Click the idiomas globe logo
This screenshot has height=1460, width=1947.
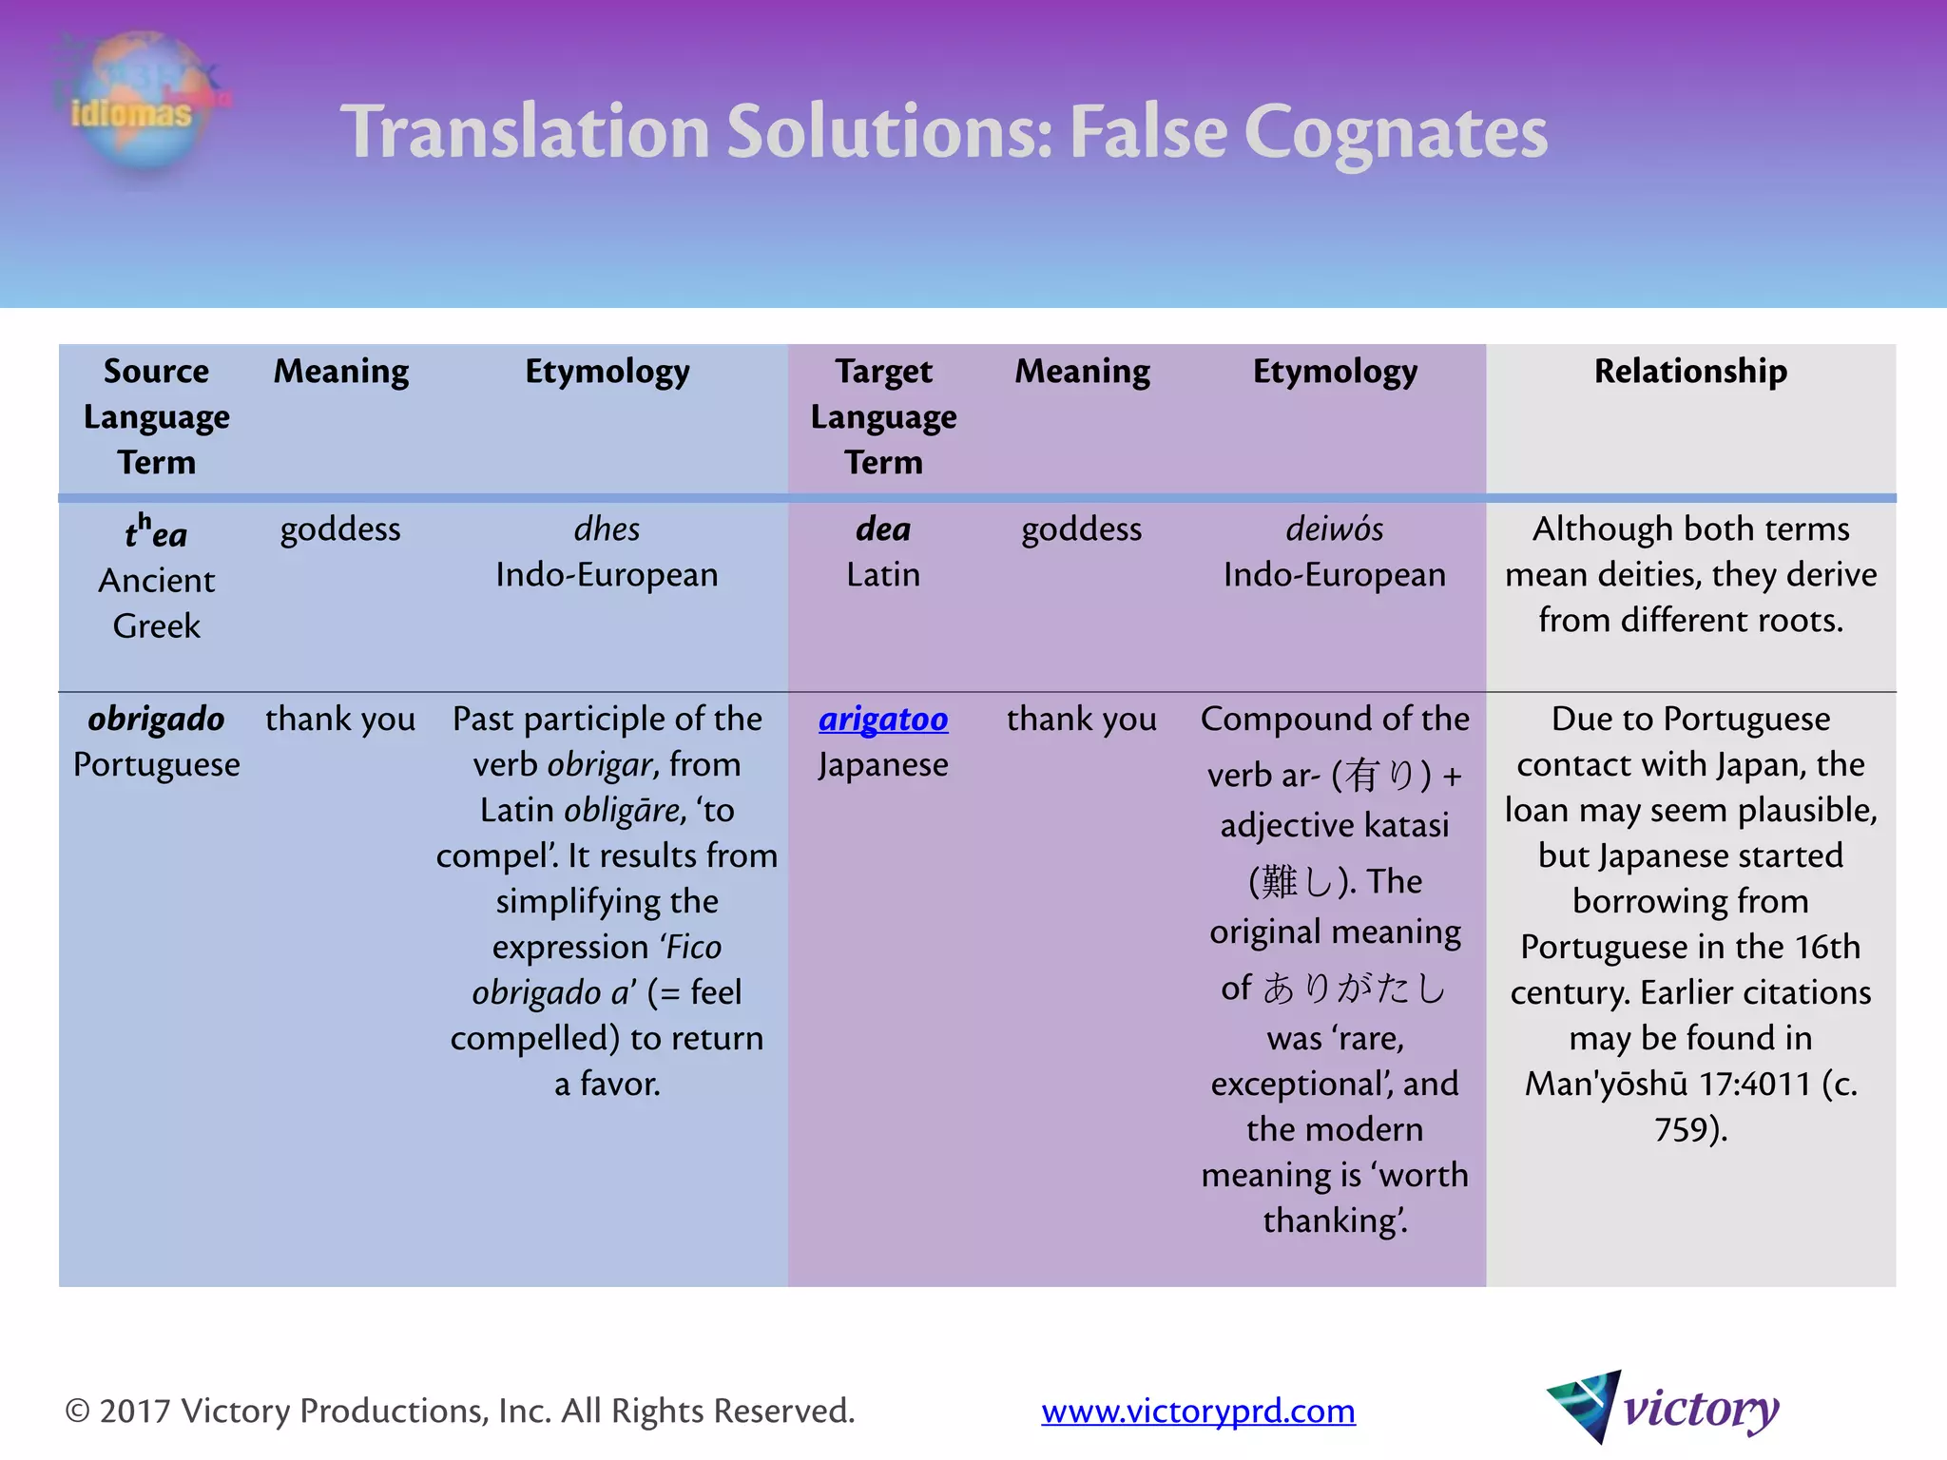pyautogui.click(x=141, y=103)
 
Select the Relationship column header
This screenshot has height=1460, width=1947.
pyautogui.click(x=1690, y=371)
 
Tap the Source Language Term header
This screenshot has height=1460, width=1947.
pyautogui.click(x=157, y=416)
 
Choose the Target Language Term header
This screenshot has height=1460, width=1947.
pyautogui.click(x=883, y=416)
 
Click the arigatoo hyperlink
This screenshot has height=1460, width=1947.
pyautogui.click(x=883, y=720)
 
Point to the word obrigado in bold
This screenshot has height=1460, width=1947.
pyautogui.click(x=157, y=720)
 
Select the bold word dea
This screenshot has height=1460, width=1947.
pyautogui.click(x=883, y=529)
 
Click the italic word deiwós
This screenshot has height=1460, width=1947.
pyautogui.click(x=1334, y=529)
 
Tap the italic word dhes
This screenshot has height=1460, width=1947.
pyautogui.click(x=607, y=529)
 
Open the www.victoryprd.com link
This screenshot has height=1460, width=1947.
pyautogui.click(x=1198, y=1411)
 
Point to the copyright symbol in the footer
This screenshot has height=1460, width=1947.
pyautogui.click(x=77, y=1411)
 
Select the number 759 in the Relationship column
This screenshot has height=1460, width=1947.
pyautogui.click(x=1683, y=1129)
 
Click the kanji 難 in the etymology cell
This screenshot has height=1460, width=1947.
pyautogui.click(x=1280, y=882)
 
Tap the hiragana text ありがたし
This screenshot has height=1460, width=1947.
pyautogui.click(x=1355, y=989)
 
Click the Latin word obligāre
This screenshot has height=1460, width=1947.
pyautogui.click(x=623, y=811)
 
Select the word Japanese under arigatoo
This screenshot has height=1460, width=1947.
pyautogui.click(x=883, y=765)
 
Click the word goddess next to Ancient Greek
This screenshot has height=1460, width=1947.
pyautogui.click(x=340, y=529)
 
